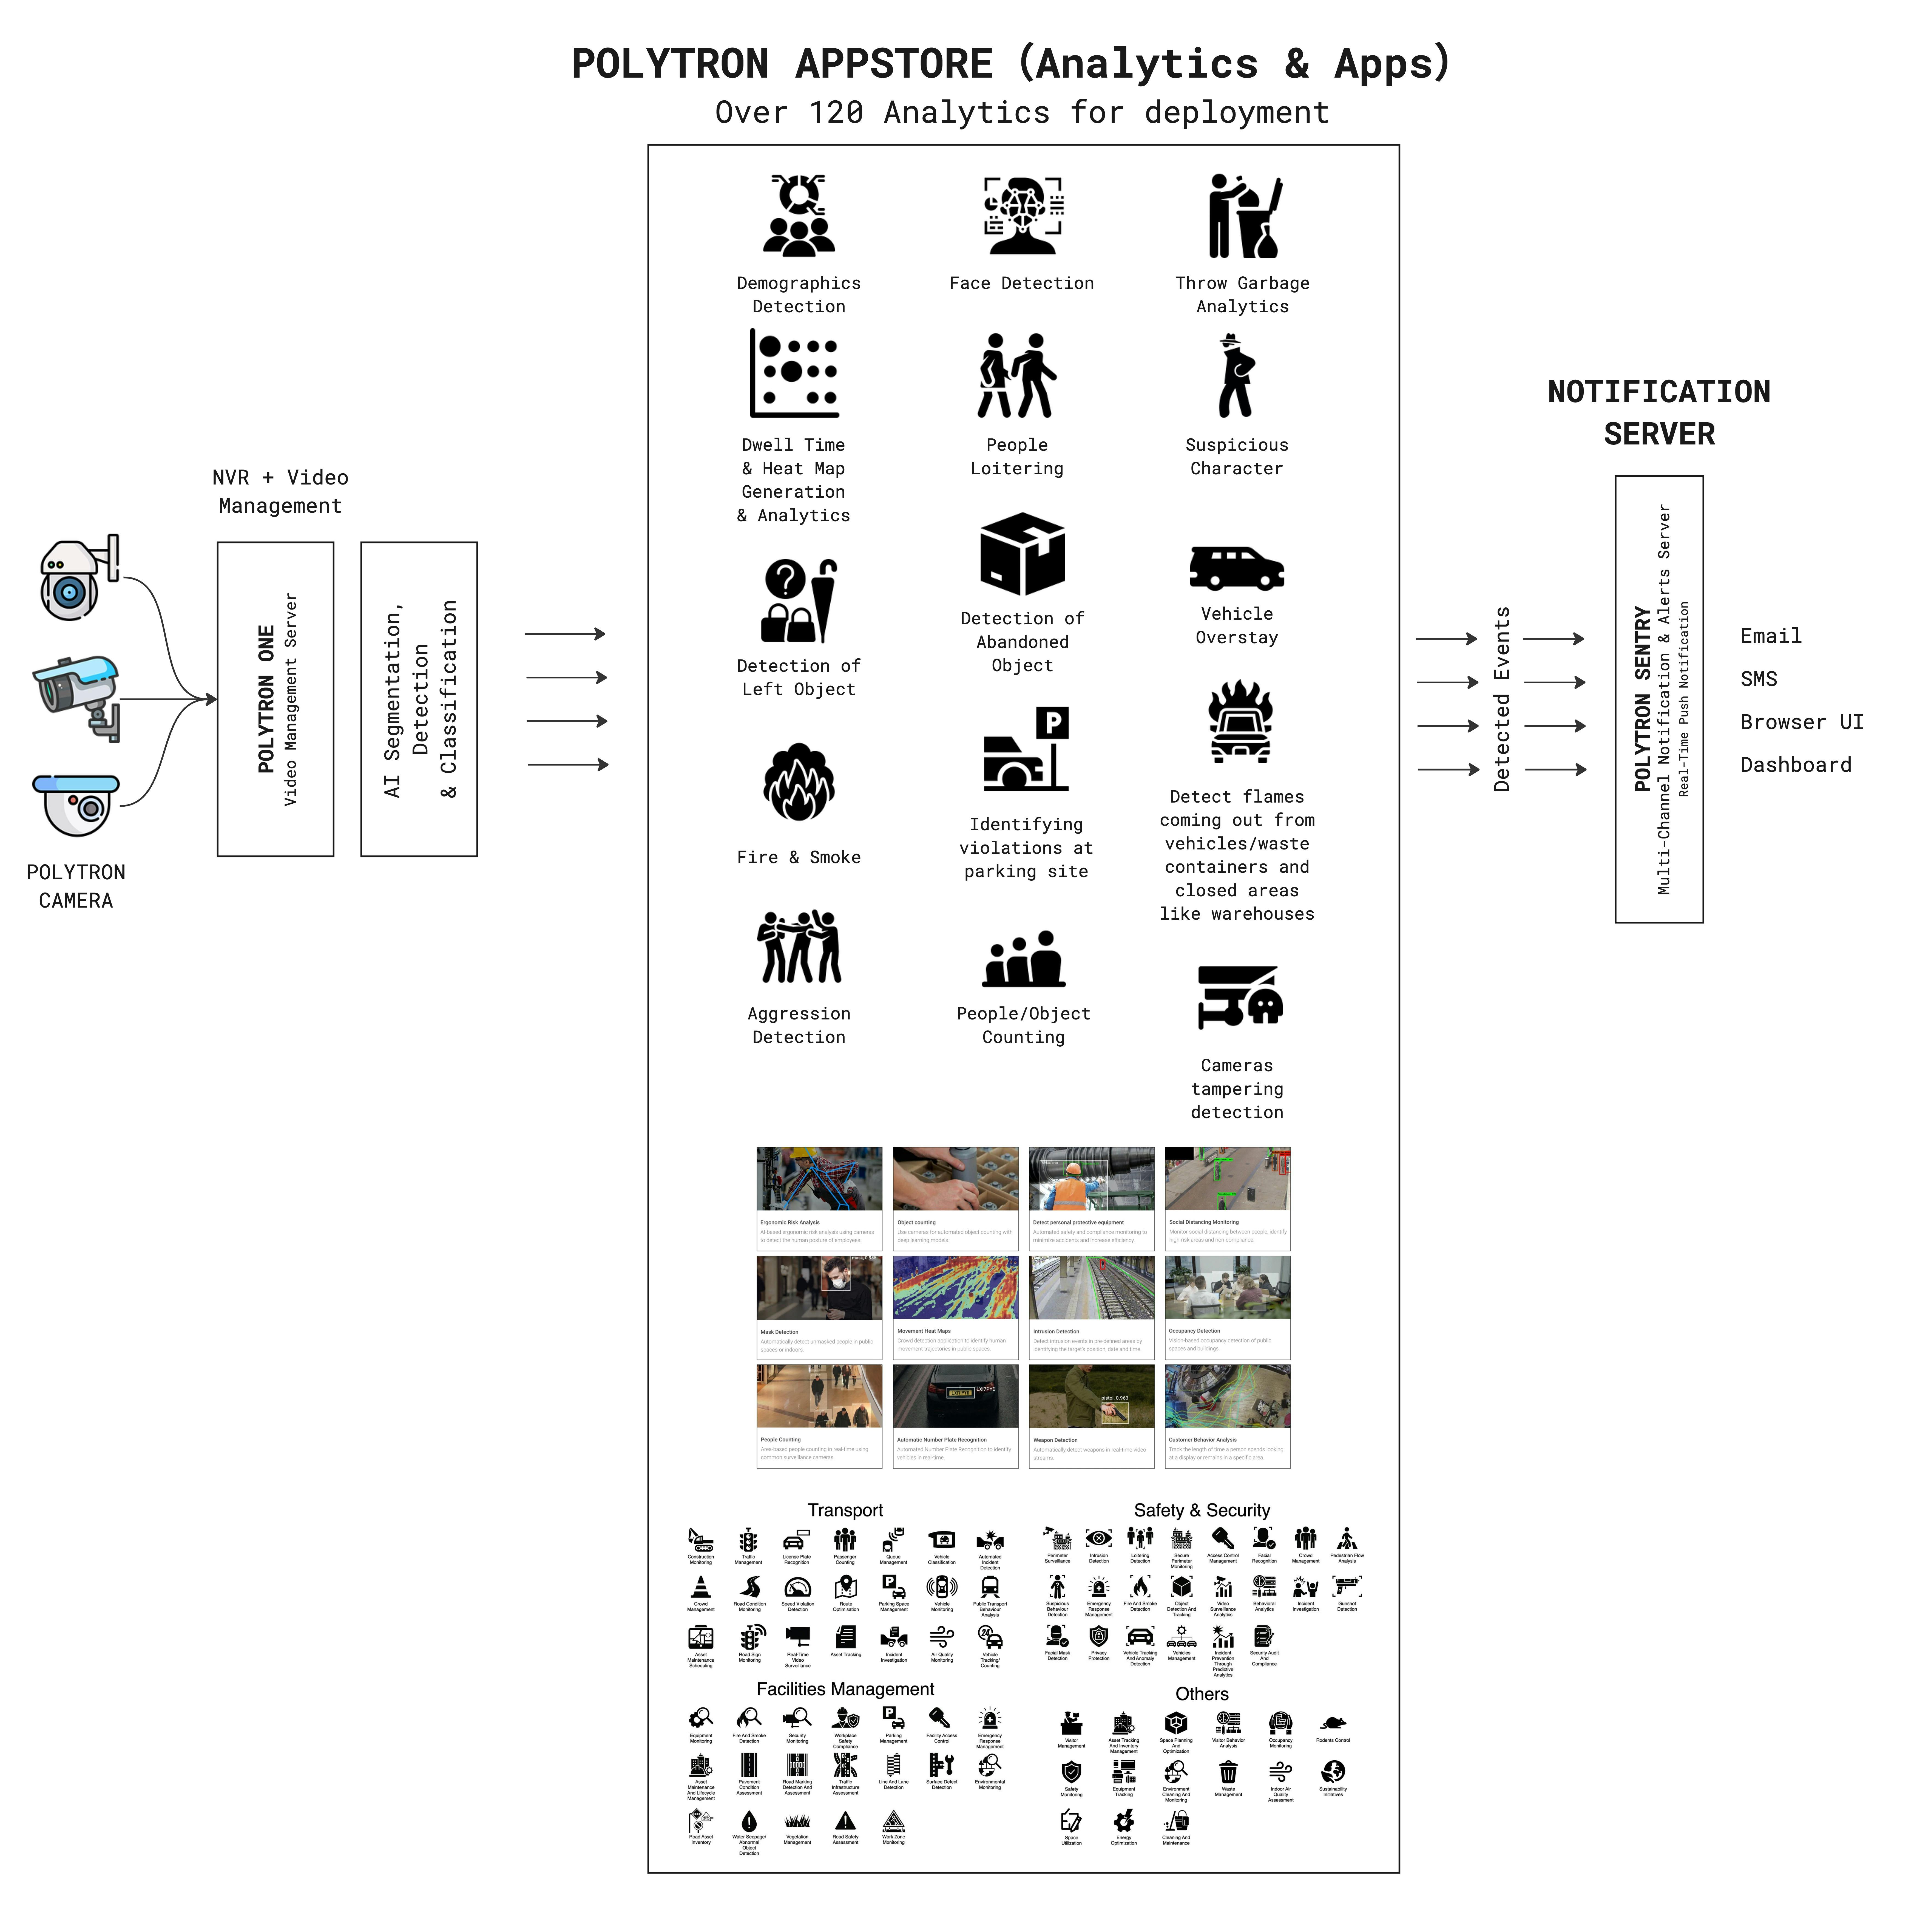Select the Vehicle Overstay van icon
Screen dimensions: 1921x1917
[x=1237, y=569]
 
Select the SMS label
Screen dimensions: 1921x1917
[x=1758, y=679]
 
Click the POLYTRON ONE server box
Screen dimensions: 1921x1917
[x=276, y=699]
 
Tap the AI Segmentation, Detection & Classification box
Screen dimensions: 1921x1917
[x=419, y=699]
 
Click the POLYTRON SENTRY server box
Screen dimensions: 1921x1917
[x=1658, y=699]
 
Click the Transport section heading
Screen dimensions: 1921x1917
[x=845, y=1510]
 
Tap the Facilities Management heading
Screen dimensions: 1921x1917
[x=845, y=1689]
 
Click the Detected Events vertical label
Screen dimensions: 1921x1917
[x=1501, y=699]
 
